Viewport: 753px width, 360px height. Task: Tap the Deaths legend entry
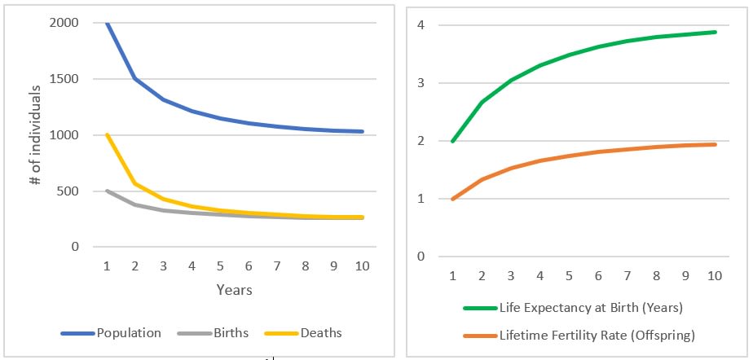[321, 332]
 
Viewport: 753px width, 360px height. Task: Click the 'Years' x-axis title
[234, 289]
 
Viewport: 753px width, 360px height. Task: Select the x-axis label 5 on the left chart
[220, 266]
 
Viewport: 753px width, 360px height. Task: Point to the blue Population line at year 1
[107, 23]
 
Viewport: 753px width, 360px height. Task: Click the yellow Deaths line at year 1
[107, 134]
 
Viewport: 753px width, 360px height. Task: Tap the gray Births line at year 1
[107, 191]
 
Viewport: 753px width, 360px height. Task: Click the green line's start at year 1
[452, 141]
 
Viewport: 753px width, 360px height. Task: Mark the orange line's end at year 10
[716, 144]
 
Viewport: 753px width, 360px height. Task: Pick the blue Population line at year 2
[135, 79]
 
